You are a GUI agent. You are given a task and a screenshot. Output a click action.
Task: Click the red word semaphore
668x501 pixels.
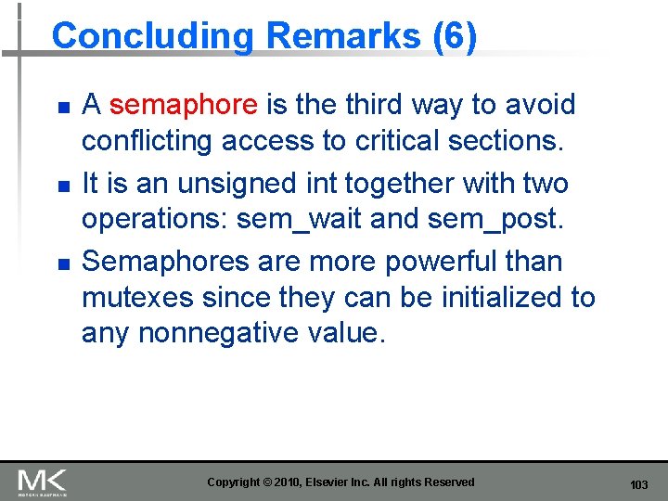(x=183, y=105)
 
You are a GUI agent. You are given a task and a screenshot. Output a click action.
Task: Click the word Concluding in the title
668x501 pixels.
(x=152, y=36)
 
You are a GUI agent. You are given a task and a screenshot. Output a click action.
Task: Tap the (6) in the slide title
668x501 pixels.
(x=455, y=36)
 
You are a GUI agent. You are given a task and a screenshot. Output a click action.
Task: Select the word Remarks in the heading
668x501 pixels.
(x=342, y=36)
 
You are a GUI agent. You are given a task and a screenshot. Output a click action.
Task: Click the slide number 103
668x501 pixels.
(x=638, y=485)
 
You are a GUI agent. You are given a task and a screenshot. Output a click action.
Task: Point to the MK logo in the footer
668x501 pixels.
(x=42, y=482)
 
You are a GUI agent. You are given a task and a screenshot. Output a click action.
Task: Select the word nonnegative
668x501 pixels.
(x=236, y=332)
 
